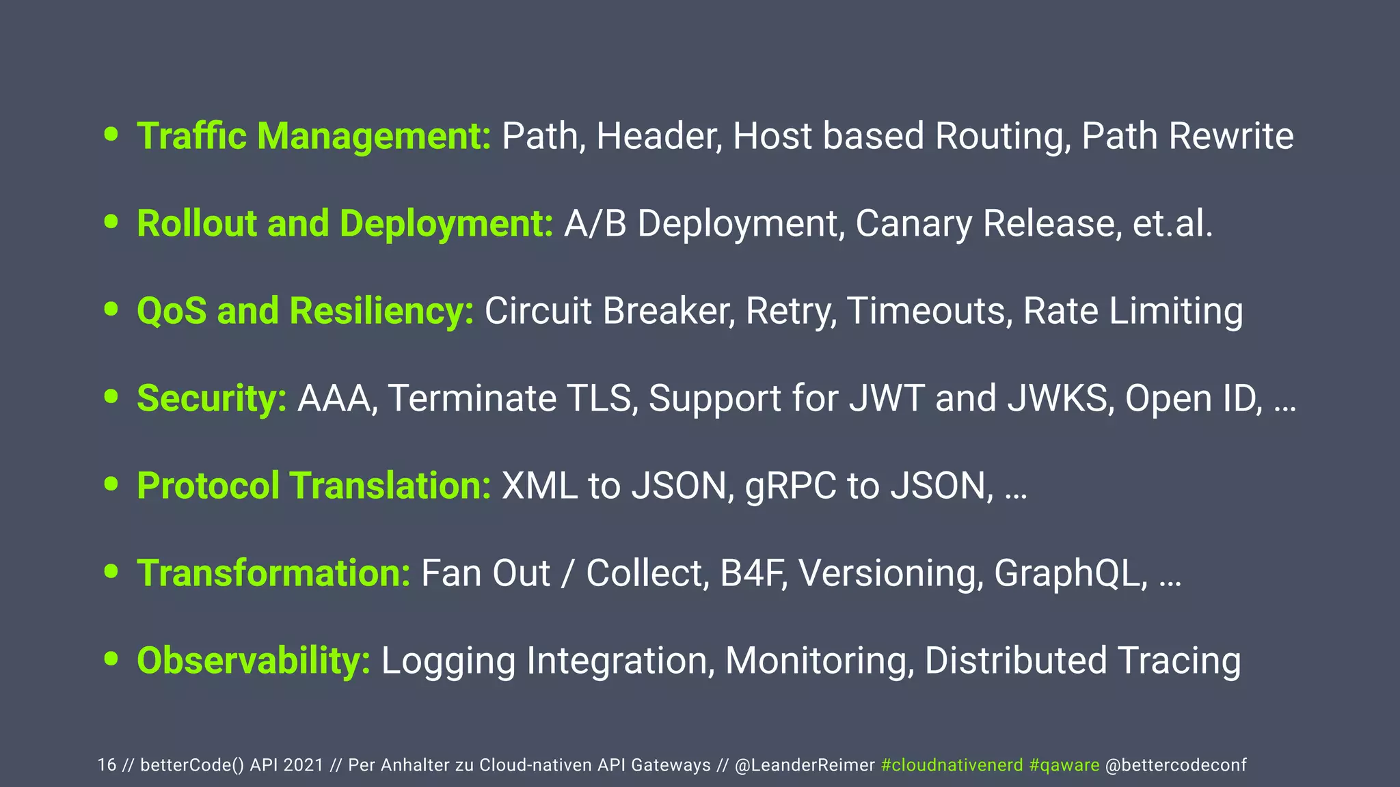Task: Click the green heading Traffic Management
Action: click(x=314, y=136)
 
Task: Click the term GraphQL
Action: click(x=1070, y=573)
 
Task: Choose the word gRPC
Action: click(x=790, y=486)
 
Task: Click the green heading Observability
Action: click(x=254, y=661)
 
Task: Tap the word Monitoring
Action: click(x=819, y=661)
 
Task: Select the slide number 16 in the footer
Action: click(x=107, y=765)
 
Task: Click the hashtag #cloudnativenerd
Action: click(x=952, y=765)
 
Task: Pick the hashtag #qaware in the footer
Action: click(x=1064, y=765)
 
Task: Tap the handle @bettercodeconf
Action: click(x=1176, y=765)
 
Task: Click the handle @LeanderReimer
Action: click(x=805, y=765)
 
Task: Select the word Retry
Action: click(x=790, y=312)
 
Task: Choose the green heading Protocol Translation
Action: click(x=314, y=486)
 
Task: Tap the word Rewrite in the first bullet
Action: click(x=1230, y=136)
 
